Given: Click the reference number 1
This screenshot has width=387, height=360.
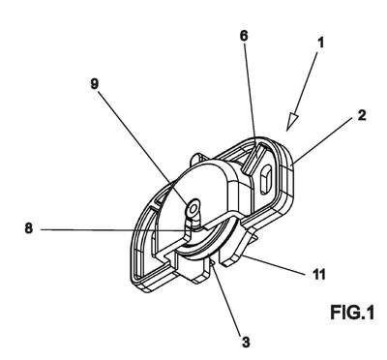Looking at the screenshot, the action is click(320, 43).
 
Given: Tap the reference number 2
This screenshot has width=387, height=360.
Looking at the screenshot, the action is click(362, 115).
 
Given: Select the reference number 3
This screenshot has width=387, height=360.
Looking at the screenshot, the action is click(246, 342).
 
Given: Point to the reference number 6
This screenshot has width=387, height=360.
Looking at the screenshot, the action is click(244, 36).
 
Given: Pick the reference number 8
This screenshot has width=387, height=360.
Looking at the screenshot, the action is click(29, 228).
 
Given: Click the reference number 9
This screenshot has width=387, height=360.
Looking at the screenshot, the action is click(94, 84).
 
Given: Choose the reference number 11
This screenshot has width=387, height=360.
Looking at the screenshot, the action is click(318, 275).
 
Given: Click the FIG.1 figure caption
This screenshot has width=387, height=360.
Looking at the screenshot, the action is click(352, 312).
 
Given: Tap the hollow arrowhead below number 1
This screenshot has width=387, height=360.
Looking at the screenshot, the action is click(293, 121).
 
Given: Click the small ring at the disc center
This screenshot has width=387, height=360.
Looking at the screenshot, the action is click(193, 210).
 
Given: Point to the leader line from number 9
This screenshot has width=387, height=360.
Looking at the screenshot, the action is click(143, 149).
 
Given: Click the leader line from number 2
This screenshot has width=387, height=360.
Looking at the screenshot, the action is click(321, 142).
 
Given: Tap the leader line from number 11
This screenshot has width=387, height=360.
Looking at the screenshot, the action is click(274, 265).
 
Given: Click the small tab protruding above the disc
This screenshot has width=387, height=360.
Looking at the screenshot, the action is click(197, 159).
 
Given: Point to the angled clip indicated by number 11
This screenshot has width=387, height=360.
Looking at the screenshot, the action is click(239, 248).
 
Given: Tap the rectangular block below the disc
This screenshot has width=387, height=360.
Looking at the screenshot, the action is click(191, 268).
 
